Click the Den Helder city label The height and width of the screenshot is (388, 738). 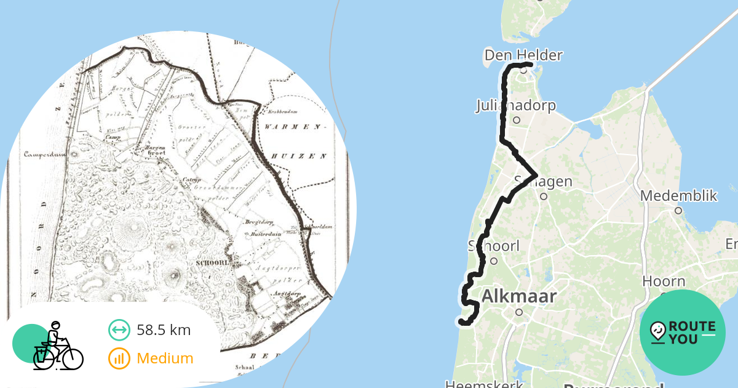click(523, 55)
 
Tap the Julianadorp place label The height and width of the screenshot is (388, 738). click(515, 105)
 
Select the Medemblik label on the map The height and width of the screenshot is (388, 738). click(678, 196)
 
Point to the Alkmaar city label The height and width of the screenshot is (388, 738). click(518, 296)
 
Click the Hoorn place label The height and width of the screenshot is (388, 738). click(664, 281)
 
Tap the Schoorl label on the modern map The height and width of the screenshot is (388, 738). click(494, 246)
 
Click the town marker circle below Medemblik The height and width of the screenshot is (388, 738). click(678, 211)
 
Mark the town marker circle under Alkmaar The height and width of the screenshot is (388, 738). click(518, 312)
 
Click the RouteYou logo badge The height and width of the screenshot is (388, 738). click(683, 333)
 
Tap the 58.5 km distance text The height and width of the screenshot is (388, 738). click(164, 330)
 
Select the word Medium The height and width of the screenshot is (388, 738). click(165, 358)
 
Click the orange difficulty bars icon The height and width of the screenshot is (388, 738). click(119, 358)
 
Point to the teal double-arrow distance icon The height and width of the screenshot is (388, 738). click(119, 330)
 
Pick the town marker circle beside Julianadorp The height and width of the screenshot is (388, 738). click(517, 120)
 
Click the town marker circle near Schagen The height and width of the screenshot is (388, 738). click(544, 196)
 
